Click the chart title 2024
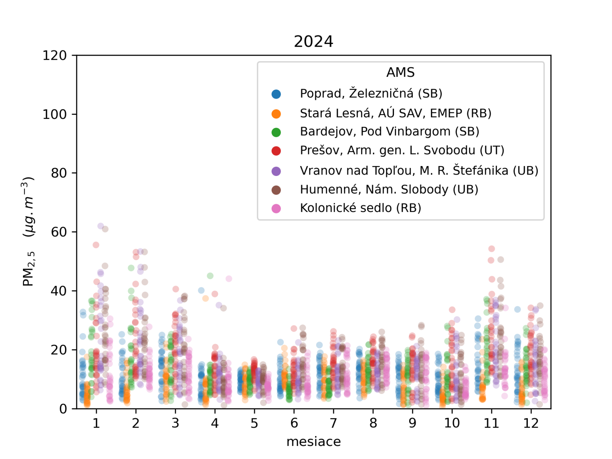pos(313,41)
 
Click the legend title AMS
pos(400,72)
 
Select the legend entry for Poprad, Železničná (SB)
pos(371,93)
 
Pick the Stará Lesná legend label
pos(396,113)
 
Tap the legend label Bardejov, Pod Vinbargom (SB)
pos(389,132)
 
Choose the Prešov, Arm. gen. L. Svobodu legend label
pos(402,150)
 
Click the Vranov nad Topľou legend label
pos(419,170)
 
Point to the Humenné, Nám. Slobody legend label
pos(389,189)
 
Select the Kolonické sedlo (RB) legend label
pos(360,208)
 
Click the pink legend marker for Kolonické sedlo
pos(276,208)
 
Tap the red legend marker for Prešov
pos(276,151)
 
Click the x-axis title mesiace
pos(313,442)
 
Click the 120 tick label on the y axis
pos(54,56)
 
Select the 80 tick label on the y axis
pos(59,173)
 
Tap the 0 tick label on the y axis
pos(63,409)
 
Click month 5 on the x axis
pos(254,423)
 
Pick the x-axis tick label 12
pos(531,423)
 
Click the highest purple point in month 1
pos(101,226)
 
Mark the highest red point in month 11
pos(492,249)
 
